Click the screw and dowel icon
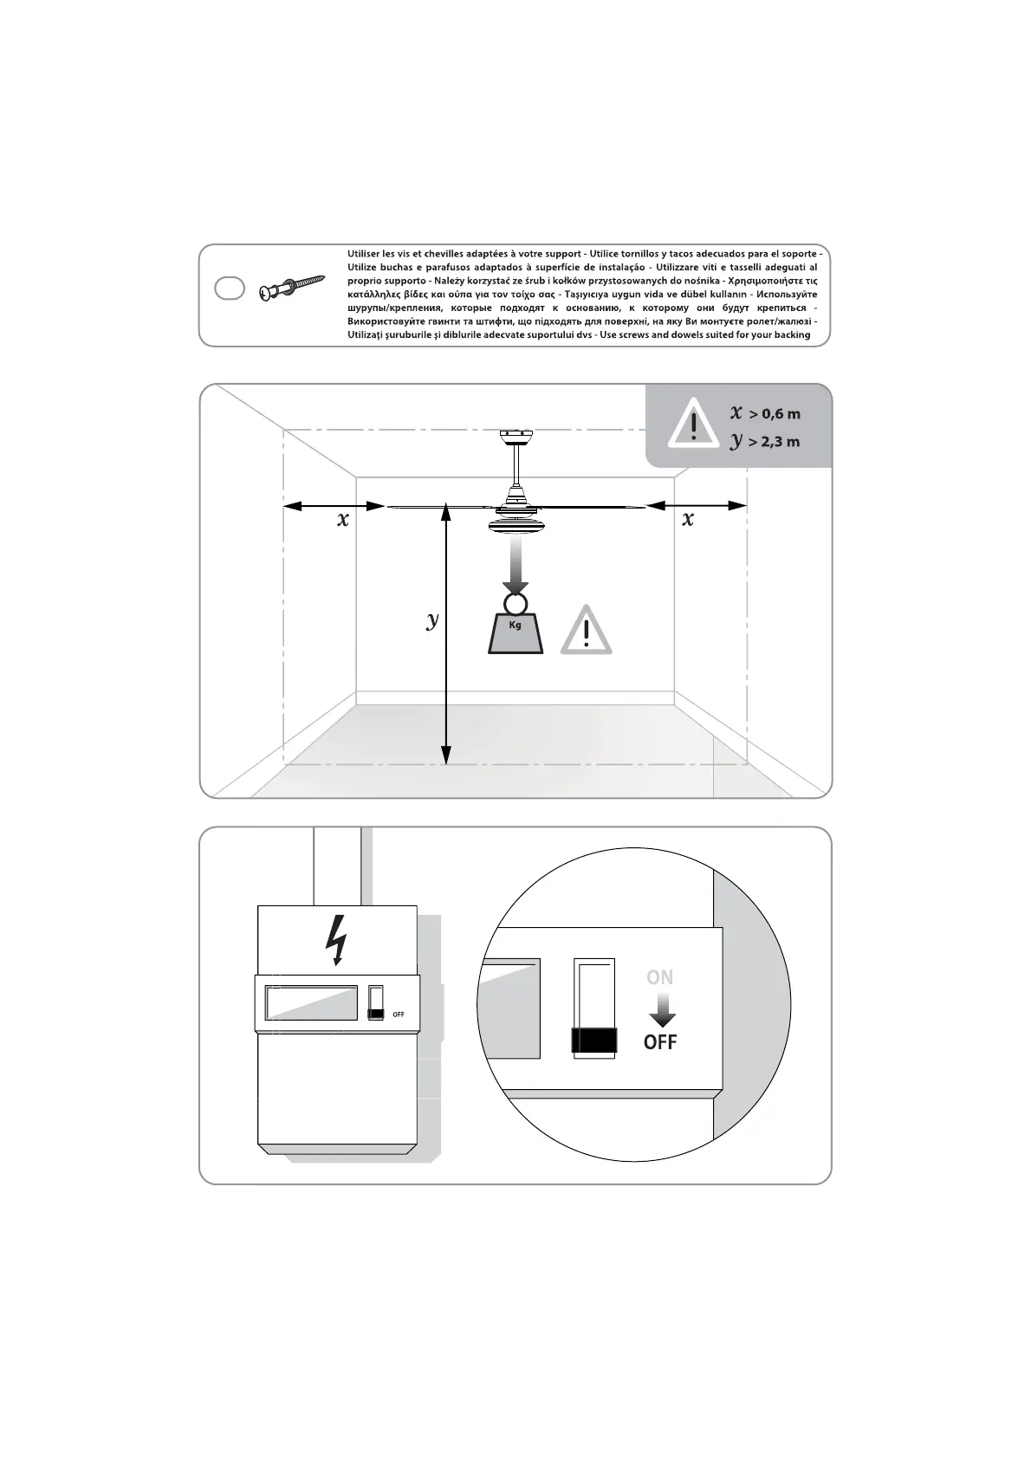point(291,289)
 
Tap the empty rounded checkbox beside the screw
point(229,289)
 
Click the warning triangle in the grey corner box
point(693,424)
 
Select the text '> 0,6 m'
point(775,413)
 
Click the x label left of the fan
point(343,520)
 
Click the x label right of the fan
point(688,520)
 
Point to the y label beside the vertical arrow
point(432,619)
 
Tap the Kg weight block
point(515,632)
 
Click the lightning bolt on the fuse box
point(336,939)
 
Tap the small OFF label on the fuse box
point(399,1015)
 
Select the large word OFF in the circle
point(660,1042)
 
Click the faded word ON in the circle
point(659,977)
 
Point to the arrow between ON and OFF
point(662,1009)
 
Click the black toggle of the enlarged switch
point(594,1040)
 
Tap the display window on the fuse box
point(312,1002)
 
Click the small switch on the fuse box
point(376,1002)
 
